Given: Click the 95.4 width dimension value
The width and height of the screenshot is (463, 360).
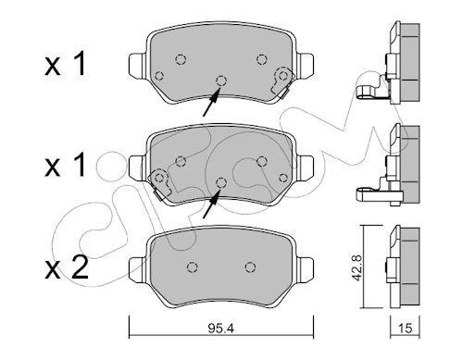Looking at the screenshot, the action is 220,329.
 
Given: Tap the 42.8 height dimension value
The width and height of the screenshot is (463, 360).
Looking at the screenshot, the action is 357,267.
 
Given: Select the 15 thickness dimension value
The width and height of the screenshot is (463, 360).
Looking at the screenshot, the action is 406,329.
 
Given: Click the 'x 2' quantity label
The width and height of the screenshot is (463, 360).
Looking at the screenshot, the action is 67,267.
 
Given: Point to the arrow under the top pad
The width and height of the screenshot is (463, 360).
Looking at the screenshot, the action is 212,102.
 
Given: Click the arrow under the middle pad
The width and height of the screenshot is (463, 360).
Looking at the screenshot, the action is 212,204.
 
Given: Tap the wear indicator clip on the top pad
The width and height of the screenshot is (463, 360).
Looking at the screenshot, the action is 282,82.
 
